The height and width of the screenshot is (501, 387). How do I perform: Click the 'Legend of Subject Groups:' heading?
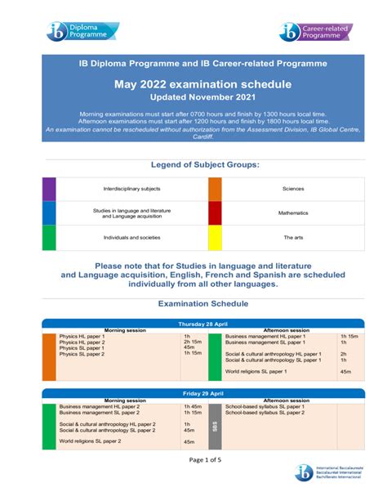click(193, 165)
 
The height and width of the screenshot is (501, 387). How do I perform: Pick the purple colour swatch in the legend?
click(49, 189)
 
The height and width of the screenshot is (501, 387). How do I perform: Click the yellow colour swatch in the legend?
click(215, 237)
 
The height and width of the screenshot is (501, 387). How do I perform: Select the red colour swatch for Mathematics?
click(215, 212)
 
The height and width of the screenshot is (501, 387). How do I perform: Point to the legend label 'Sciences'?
click(293, 189)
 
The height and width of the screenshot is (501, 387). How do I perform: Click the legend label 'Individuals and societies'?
click(131, 237)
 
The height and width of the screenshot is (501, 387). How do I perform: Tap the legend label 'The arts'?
click(293, 237)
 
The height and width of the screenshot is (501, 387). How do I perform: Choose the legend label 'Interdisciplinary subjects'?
click(131, 189)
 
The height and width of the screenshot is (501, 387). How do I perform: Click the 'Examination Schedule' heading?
click(193, 304)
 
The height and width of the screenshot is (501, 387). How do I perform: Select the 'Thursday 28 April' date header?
click(193, 324)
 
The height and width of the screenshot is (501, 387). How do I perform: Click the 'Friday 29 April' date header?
click(193, 394)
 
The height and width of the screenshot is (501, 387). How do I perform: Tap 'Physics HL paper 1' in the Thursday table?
click(82, 336)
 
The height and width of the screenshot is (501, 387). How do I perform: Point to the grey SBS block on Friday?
click(215, 427)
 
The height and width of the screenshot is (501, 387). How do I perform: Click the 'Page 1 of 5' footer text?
click(193, 459)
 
